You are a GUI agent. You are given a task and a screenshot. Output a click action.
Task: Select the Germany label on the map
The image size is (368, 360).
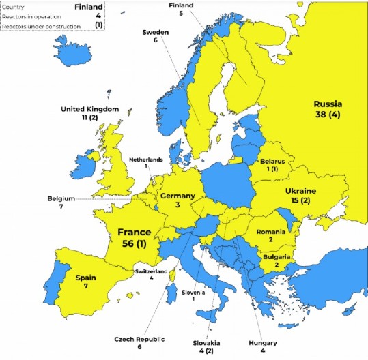pyautogui.click(x=178, y=196)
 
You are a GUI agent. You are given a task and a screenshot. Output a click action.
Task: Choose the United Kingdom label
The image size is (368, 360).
pyautogui.click(x=90, y=109)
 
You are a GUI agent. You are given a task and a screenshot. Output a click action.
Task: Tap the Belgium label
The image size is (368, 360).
pyautogui.click(x=61, y=198)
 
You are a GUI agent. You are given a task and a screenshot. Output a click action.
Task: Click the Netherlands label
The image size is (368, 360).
pyautogui.click(x=146, y=160)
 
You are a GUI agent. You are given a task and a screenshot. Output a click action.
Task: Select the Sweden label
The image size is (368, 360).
pyautogui.click(x=155, y=32)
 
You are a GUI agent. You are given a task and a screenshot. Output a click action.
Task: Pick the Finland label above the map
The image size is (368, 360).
pyautogui.click(x=181, y=5)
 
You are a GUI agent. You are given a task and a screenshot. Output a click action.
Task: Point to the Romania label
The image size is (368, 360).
pyautogui.click(x=271, y=232)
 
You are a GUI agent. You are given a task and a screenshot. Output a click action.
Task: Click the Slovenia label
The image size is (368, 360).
pyautogui.click(x=193, y=291)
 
